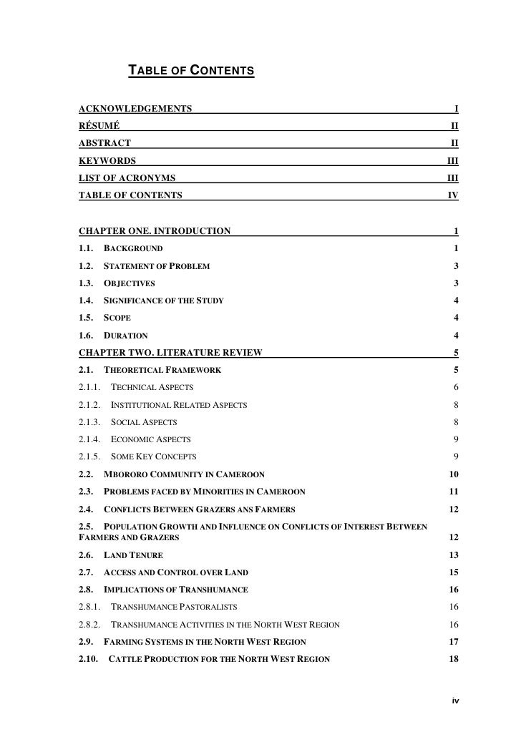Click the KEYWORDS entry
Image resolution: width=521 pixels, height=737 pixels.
[107, 160]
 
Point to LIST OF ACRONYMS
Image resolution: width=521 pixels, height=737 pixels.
[127, 177]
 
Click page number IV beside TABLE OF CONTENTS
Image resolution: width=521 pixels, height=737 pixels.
[452, 195]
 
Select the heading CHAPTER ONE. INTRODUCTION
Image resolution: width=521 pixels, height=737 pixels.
[154, 231]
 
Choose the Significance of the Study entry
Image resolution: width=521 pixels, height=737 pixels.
[164, 301]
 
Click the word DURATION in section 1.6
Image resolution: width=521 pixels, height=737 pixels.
[126, 336]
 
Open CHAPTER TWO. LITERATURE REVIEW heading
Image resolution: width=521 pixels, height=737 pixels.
[170, 352]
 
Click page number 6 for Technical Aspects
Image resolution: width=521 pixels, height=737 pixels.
[455, 387]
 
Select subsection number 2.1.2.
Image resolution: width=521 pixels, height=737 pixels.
[90, 405]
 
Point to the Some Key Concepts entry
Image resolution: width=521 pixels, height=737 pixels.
[154, 457]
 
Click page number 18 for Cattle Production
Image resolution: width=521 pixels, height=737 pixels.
[453, 659]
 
